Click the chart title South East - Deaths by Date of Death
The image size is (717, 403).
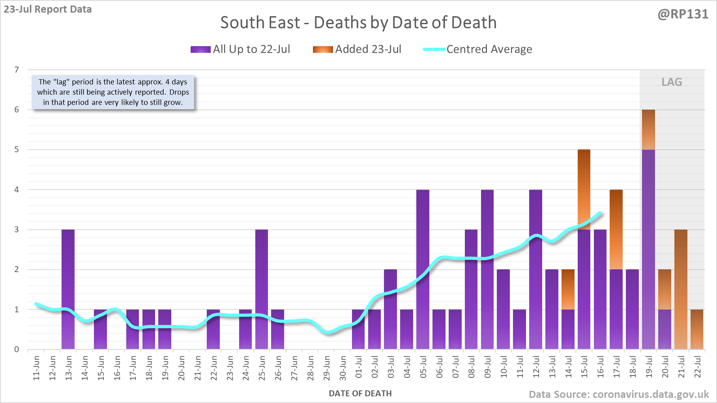[358, 22]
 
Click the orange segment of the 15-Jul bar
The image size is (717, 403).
[584, 189]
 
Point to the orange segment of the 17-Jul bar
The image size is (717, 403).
[616, 229]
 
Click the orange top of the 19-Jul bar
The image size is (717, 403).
[648, 129]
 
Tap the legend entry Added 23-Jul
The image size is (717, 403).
[357, 49]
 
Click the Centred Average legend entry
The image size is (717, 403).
[477, 49]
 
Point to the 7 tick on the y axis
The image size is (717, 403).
[17, 70]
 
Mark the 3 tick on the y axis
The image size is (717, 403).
[17, 229]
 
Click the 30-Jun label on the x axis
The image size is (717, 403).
[343, 368]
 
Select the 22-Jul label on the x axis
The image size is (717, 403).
[698, 367]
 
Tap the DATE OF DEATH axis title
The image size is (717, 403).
[360, 394]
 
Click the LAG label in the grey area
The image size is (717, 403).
[672, 82]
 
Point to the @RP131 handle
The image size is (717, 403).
[683, 14]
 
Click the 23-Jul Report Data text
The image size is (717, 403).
[48, 9]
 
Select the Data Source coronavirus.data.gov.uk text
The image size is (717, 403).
[619, 394]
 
